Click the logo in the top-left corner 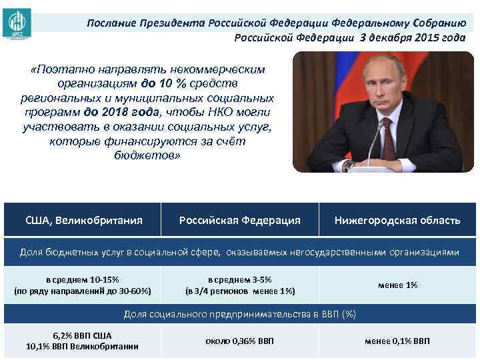[x=16, y=21]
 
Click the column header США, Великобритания [x=83, y=220]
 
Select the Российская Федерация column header [x=240, y=220]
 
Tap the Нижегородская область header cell [x=397, y=220]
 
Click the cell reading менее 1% [x=397, y=285]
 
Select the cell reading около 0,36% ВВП [x=240, y=341]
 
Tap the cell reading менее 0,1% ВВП [x=397, y=341]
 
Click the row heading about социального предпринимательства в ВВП [x=240, y=315]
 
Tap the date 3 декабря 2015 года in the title [x=413, y=37]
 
